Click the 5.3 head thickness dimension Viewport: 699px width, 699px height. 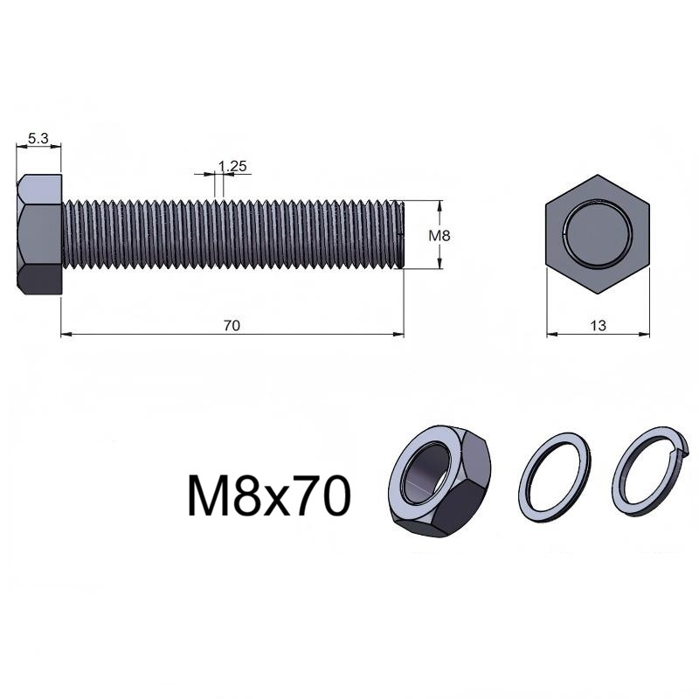(x=38, y=139)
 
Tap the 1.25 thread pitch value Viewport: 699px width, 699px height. (x=232, y=166)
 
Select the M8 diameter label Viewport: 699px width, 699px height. (x=439, y=235)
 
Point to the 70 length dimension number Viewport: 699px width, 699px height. (x=232, y=326)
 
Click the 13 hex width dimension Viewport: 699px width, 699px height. (x=599, y=326)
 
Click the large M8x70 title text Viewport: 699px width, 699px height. (x=269, y=495)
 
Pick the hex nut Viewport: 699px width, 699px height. (x=439, y=481)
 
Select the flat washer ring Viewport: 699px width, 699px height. (x=555, y=476)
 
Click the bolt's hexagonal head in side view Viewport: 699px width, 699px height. (x=39, y=234)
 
